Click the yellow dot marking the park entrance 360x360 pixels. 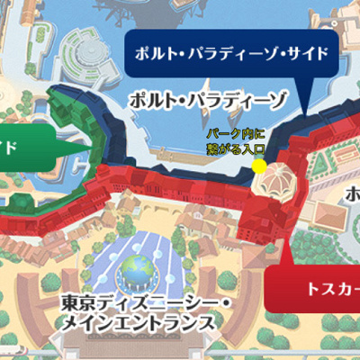tap(260, 166)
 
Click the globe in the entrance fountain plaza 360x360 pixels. tap(139, 267)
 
